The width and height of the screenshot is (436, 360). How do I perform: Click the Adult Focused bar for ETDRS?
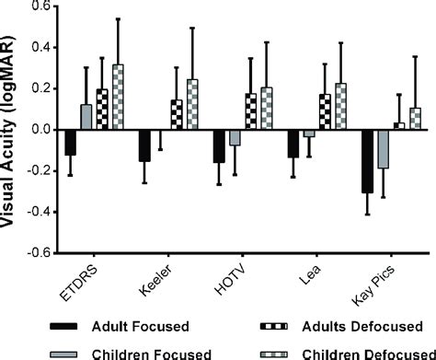coord(71,143)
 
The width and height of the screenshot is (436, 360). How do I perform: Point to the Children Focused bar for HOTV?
coord(235,138)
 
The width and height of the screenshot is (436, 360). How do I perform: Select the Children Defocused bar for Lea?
coord(338,107)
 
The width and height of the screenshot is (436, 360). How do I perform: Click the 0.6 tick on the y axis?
coord(39,6)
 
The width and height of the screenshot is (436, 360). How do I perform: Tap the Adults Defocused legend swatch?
coord(277,324)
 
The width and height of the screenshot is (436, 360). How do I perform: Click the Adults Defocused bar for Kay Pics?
coord(397,126)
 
